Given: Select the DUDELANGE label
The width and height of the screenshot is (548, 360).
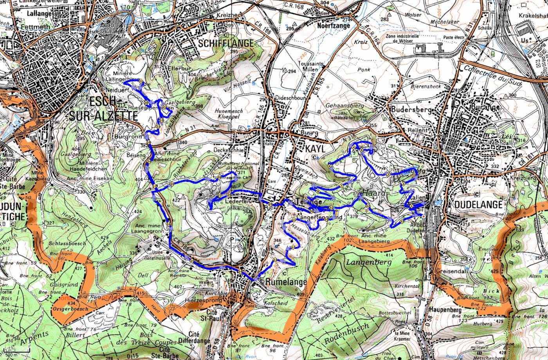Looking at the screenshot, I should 478,205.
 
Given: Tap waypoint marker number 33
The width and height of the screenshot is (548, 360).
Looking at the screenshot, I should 402,221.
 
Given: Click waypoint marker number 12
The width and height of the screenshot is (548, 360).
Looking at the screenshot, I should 293,247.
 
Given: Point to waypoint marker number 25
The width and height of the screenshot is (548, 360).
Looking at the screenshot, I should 219,177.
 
